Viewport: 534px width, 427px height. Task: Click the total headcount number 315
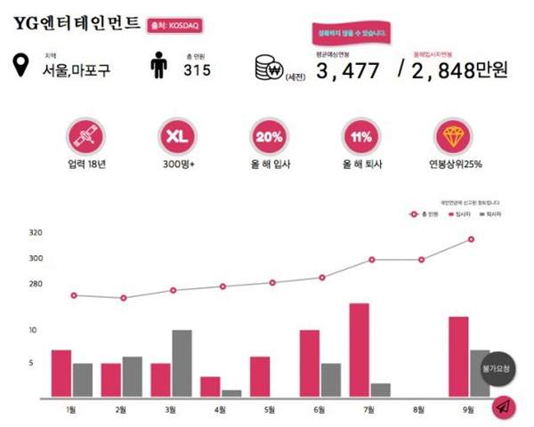(197, 69)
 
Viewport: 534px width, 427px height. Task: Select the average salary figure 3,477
(348, 70)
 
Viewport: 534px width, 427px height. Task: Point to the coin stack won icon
(266, 68)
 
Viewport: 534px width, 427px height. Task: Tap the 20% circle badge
(269, 138)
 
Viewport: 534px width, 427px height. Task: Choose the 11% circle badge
(361, 138)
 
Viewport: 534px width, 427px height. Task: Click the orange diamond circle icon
(454, 138)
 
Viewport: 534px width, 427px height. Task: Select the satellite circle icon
(86, 138)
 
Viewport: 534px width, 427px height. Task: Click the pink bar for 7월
(360, 350)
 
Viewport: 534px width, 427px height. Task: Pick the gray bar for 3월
(182, 363)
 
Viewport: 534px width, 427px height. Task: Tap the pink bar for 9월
(458, 356)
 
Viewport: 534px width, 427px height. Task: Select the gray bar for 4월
(231, 392)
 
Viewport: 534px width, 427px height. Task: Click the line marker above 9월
(470, 239)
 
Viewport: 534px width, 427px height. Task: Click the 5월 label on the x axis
(269, 409)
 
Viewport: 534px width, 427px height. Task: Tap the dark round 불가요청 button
(498, 367)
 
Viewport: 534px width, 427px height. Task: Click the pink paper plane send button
(504, 407)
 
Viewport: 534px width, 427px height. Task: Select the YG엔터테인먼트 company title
(77, 24)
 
